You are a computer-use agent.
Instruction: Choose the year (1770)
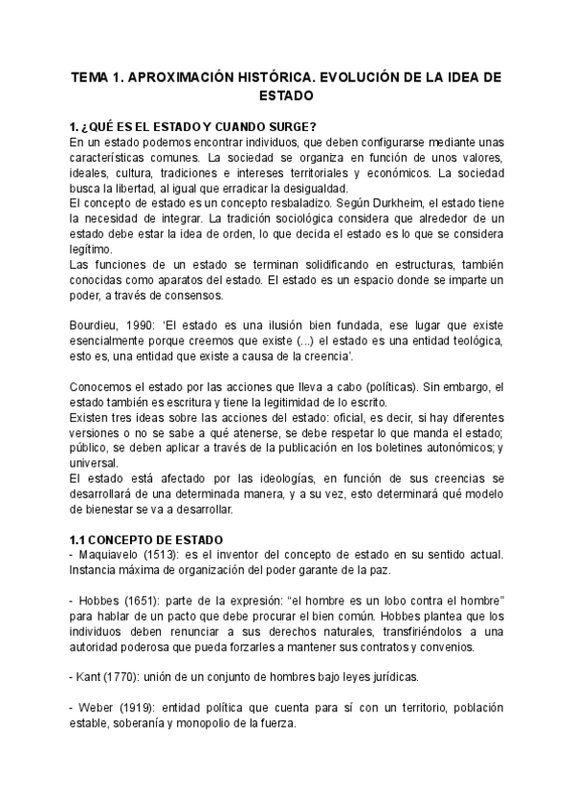(x=128, y=676)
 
